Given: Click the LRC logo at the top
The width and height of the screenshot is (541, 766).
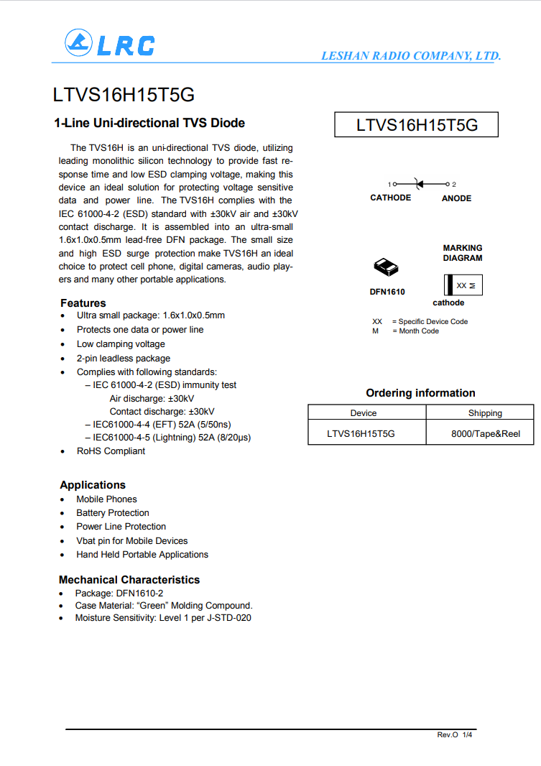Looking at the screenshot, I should point(109,44).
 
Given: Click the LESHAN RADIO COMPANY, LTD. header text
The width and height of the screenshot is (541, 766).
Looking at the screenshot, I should point(410,56).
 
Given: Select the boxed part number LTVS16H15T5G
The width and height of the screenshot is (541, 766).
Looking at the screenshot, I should point(417,125).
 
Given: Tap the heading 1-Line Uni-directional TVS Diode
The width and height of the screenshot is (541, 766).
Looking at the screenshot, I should point(149,123).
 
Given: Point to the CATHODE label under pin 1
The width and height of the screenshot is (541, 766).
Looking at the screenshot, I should point(390,198).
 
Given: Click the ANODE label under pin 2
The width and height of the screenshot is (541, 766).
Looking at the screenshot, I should point(456,198).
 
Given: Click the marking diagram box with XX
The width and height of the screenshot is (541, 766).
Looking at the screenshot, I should point(463,285).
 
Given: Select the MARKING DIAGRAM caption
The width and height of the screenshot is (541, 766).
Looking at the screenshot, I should point(463,253).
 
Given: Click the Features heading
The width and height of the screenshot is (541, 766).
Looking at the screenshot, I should point(83,303).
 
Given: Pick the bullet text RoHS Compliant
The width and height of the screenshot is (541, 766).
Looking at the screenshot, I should point(111,451).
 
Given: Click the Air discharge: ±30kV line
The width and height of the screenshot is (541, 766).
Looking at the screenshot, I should point(152,398).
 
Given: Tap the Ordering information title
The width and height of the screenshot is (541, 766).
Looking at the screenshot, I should point(420,393).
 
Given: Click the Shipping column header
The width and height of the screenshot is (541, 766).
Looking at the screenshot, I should point(485,413).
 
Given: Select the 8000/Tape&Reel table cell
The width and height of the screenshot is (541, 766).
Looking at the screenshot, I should point(485,434).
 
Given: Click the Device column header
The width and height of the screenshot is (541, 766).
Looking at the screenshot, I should point(364,413).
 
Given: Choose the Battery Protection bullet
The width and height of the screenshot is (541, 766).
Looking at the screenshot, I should point(113,513).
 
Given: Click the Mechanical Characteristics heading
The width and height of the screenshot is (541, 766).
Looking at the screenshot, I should point(129,580).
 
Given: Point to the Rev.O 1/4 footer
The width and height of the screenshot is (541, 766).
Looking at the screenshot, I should point(456,735).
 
